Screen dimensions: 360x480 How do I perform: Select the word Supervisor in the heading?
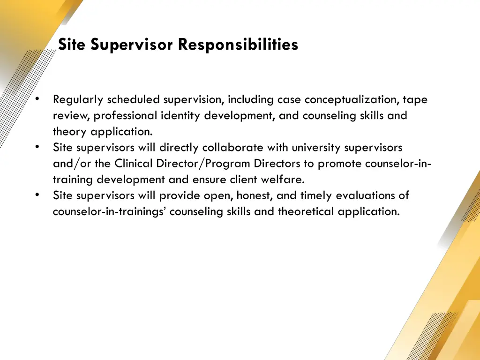pos(133,45)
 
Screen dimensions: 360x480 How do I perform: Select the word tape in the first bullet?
pos(415,100)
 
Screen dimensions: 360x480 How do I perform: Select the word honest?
pos(255,195)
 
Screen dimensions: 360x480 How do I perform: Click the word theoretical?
pos(306,211)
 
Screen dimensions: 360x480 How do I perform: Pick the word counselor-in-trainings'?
pos(110,211)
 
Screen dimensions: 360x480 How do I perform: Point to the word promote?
pos(337,164)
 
